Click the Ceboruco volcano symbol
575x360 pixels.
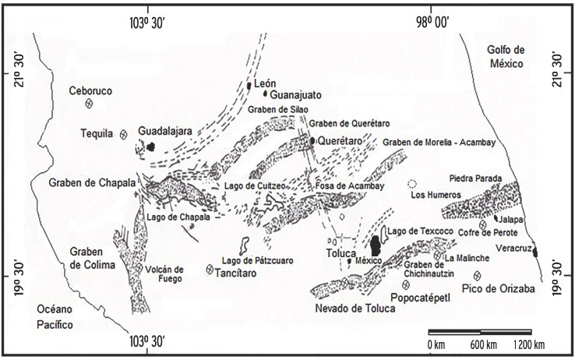(x=90, y=104)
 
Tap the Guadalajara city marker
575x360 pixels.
(x=152, y=146)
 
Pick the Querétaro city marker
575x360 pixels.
(x=312, y=141)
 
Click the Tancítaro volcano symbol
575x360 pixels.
(x=210, y=270)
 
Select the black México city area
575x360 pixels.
(x=376, y=245)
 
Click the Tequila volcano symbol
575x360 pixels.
(x=124, y=133)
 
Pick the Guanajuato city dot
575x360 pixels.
(x=266, y=94)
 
